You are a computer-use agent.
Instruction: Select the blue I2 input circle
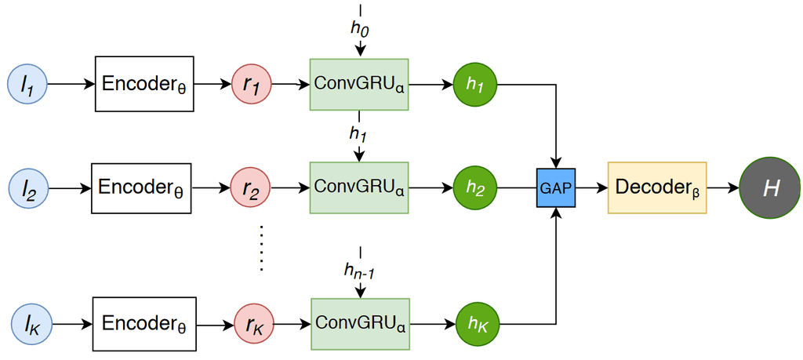coord(28,188)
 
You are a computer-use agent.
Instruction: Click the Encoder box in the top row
coord(144,84)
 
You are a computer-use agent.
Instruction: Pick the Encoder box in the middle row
coord(141,188)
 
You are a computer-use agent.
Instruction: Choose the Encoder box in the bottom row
coord(144,322)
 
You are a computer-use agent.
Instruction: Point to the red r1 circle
coord(251,84)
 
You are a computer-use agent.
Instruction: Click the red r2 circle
coord(251,188)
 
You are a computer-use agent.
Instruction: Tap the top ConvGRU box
coord(359,83)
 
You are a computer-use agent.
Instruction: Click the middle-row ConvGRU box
coord(359,187)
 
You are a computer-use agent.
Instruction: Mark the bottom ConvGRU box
coord(360,322)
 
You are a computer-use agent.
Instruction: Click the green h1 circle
coord(474,84)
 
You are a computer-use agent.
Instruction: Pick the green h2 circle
coord(474,188)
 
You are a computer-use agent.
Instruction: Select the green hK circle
coord(477,322)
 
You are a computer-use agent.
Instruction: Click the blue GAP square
coord(555,188)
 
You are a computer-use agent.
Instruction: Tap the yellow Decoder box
coord(657,188)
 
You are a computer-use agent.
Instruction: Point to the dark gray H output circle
coord(769,188)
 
